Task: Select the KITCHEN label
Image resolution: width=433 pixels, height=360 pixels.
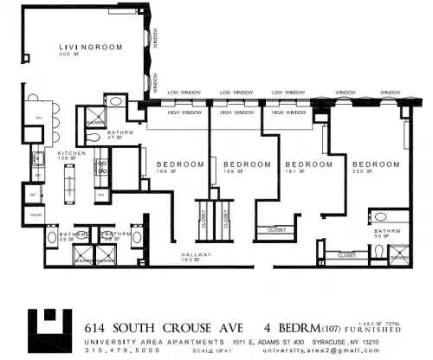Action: click(x=72, y=152)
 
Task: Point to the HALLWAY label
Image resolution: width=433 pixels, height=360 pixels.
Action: click(x=197, y=254)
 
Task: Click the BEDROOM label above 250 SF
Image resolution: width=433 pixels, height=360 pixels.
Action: click(x=376, y=164)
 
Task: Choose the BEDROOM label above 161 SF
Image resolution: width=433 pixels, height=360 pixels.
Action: click(x=309, y=164)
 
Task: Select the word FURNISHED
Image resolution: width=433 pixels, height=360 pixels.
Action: click(x=375, y=331)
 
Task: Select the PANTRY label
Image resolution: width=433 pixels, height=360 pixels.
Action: click(x=36, y=213)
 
